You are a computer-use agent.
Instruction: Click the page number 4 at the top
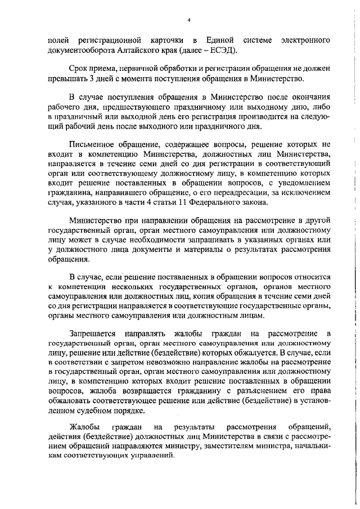[189, 20]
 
